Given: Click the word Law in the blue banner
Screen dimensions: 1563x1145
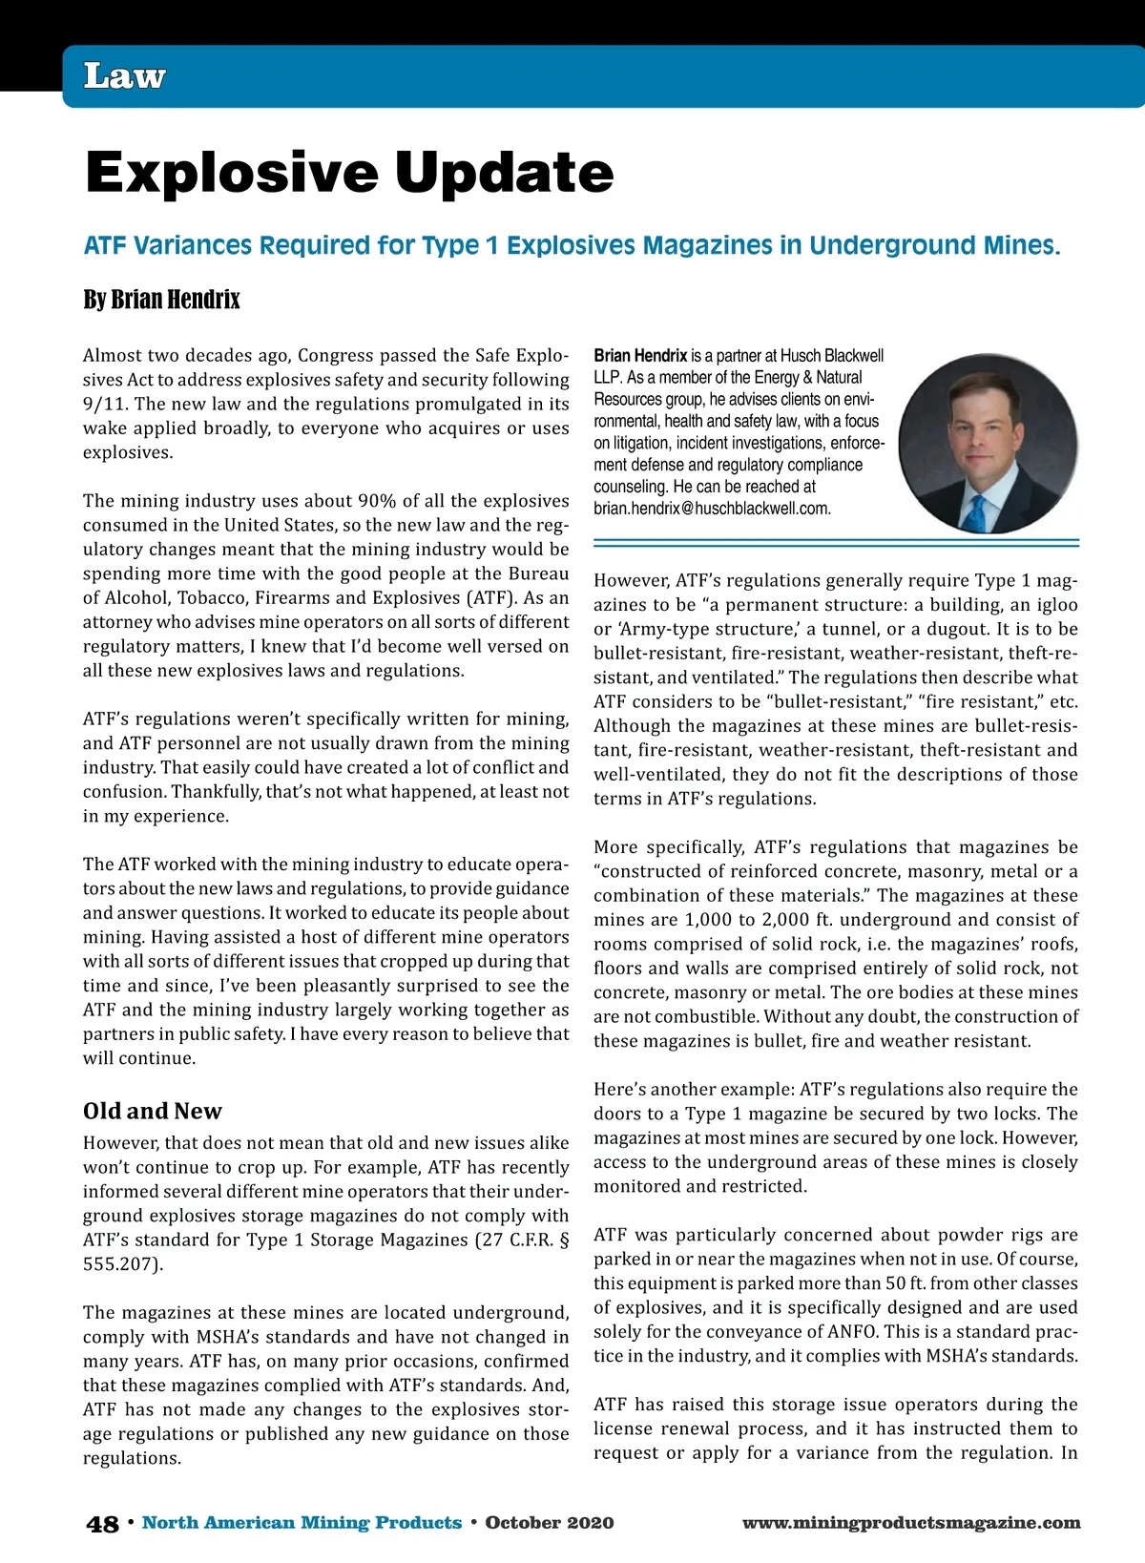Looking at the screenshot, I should tap(124, 76).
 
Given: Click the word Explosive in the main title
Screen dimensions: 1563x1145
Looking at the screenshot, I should tap(233, 173).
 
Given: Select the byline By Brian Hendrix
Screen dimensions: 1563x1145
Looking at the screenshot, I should tap(161, 300).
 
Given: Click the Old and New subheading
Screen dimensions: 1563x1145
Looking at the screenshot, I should tap(152, 1111).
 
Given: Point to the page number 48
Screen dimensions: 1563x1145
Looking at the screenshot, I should tap(102, 1524).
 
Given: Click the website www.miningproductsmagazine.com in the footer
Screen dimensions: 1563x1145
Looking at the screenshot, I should tap(911, 1523).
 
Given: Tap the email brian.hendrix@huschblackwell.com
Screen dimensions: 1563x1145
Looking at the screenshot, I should tap(712, 509).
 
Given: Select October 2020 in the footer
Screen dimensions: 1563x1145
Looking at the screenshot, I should tap(549, 1523).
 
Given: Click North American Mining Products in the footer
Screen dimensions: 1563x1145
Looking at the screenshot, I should tap(302, 1523).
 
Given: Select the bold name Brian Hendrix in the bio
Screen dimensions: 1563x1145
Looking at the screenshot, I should tap(640, 356).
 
